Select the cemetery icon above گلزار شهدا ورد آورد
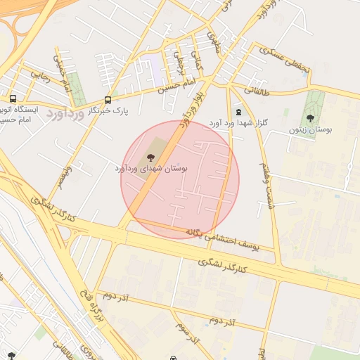(x=238, y=112)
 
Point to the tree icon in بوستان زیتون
(x=310, y=118)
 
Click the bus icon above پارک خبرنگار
(x=108, y=101)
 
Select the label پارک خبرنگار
(x=108, y=112)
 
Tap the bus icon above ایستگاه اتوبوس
(x=13, y=99)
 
